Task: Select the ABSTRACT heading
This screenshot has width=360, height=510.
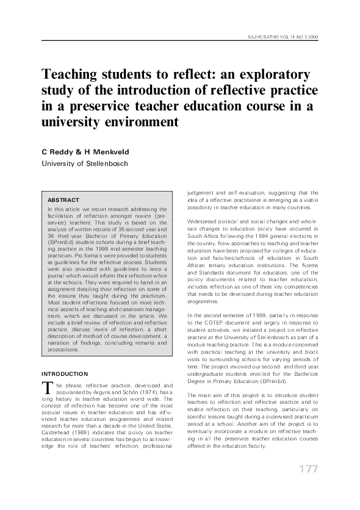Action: tap(63, 199)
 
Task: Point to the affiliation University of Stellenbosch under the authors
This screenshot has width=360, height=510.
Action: tap(81, 163)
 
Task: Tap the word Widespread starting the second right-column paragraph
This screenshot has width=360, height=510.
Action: tap(203, 218)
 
